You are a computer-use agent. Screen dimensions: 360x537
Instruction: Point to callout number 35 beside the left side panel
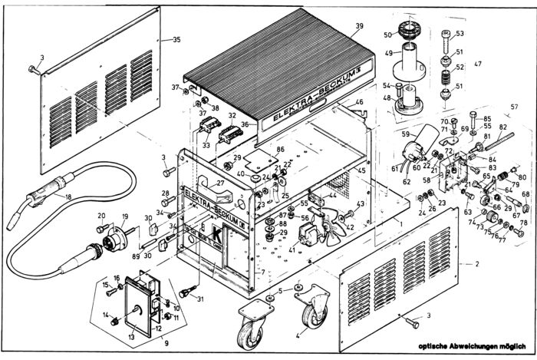pos(177,39)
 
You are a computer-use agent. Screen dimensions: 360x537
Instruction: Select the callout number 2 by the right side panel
pos(478,263)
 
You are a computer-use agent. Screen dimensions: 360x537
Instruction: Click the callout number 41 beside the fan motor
pos(292,249)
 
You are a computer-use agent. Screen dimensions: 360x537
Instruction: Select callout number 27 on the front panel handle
pos(219,183)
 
